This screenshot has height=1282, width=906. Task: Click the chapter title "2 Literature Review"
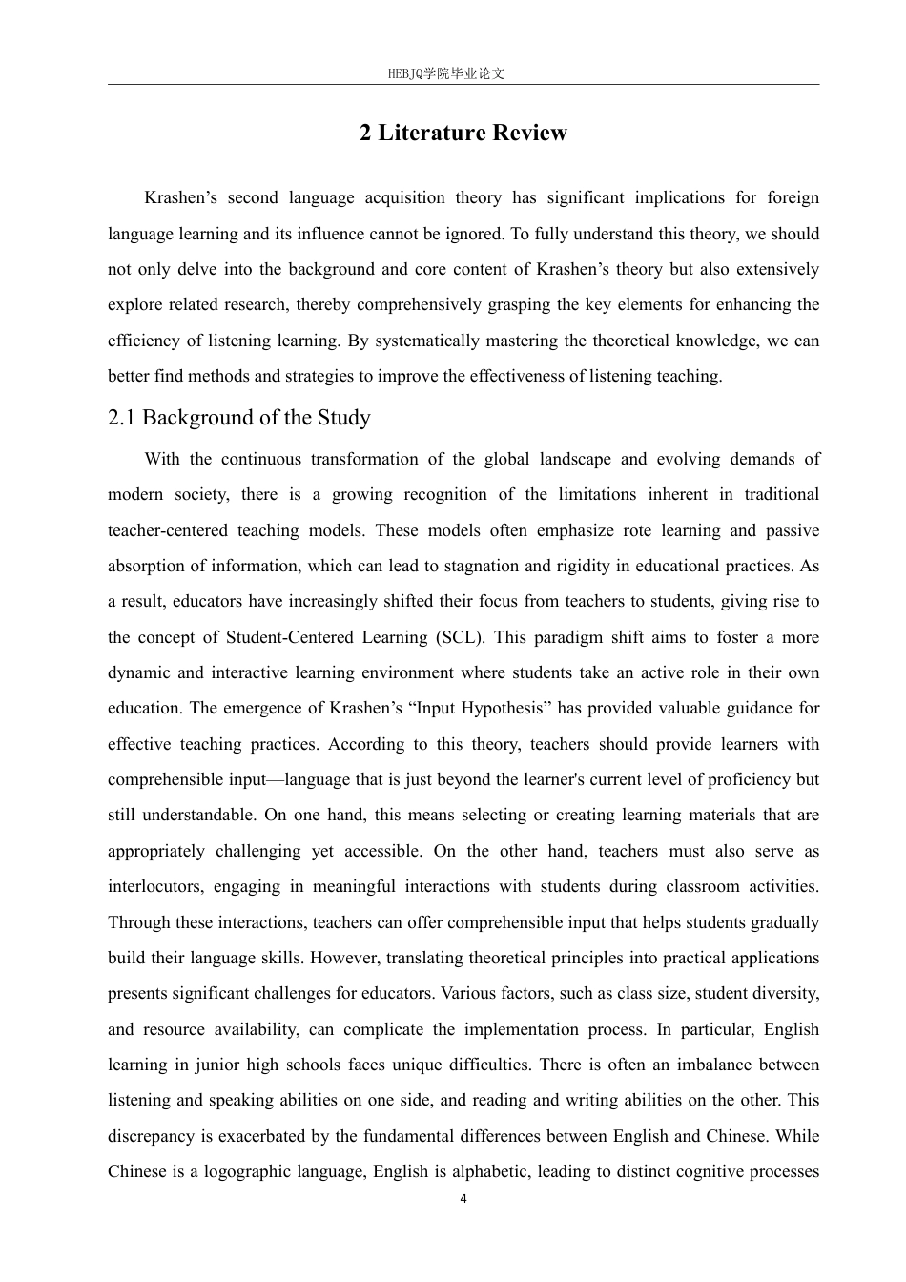coord(463,133)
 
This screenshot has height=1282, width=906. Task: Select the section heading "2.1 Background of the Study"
coord(238,418)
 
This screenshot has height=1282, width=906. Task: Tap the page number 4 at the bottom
coord(463,1199)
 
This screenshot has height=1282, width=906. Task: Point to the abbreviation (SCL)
coord(461,637)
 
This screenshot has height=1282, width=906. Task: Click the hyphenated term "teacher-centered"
coord(168,530)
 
